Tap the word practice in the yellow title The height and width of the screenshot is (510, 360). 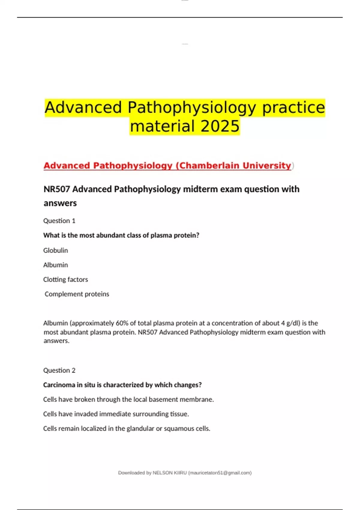(293, 107)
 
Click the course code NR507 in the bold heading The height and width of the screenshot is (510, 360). (57, 189)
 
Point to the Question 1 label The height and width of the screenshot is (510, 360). (59, 221)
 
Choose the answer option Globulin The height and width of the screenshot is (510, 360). (55, 250)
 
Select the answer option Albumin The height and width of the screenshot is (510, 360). (55, 265)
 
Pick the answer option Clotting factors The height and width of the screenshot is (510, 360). (65, 280)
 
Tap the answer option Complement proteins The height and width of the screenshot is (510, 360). (77, 294)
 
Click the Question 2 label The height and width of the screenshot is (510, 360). (59, 370)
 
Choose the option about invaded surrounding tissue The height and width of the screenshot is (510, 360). (116, 414)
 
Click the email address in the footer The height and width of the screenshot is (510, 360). (220, 473)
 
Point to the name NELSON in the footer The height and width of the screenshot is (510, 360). (162, 473)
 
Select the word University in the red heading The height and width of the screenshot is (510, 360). (267, 166)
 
